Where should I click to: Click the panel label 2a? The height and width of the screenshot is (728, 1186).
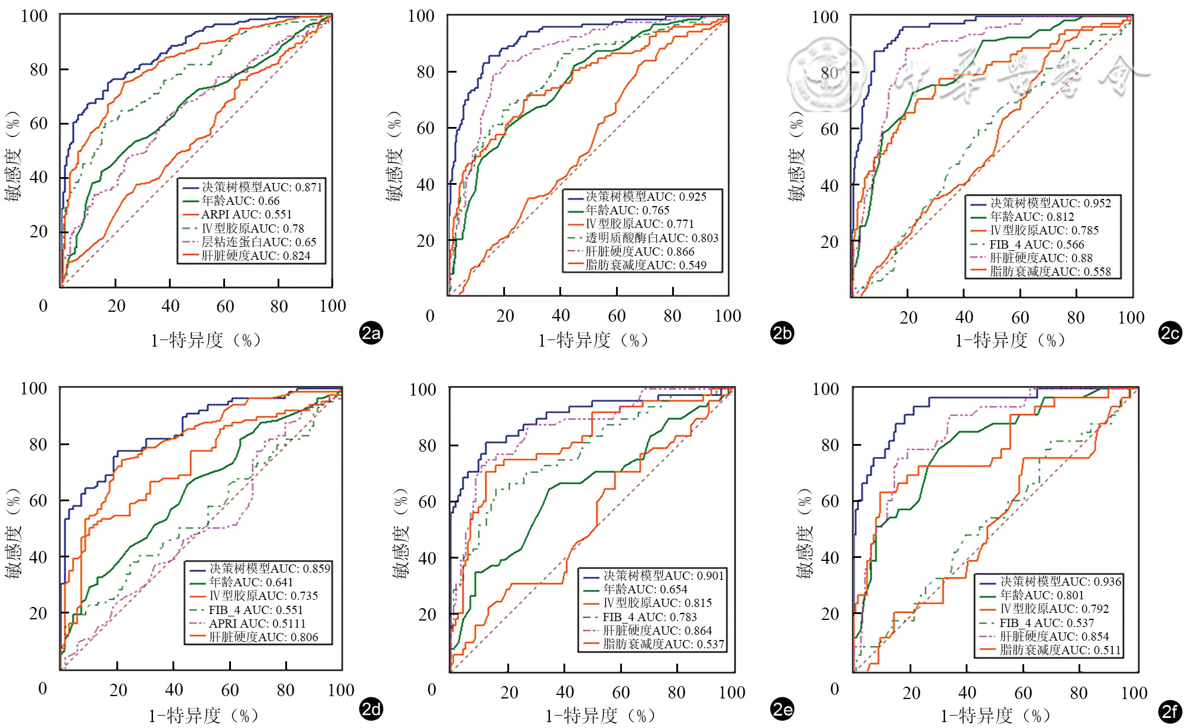371,334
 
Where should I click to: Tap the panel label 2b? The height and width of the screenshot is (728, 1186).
782,334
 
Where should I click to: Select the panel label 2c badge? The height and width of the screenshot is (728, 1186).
1170,334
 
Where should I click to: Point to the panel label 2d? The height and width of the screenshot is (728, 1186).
371,709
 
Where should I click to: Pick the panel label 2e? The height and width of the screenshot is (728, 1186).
782,709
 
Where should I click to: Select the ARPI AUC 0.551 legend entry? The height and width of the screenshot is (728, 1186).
246,214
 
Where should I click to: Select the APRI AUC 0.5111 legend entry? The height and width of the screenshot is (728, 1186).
257,623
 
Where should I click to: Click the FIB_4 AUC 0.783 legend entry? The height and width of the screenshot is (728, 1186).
650,617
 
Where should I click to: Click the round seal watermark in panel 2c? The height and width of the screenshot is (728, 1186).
825,75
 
